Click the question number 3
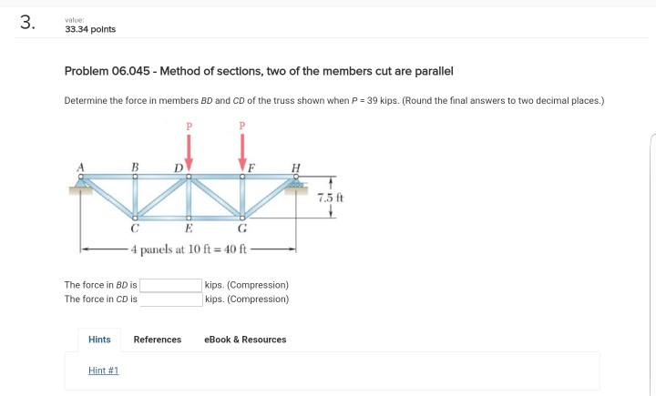[x=26, y=24]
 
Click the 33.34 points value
[x=90, y=29]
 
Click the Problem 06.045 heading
[x=259, y=71]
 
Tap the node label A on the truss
[x=81, y=165]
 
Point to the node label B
[x=135, y=166]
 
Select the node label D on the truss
[x=178, y=166]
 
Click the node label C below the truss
[x=135, y=229]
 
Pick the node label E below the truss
[x=189, y=229]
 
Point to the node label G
[x=242, y=229]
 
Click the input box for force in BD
[x=170, y=285]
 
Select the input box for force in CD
[x=170, y=299]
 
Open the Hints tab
[x=99, y=340]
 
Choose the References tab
[x=158, y=340]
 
